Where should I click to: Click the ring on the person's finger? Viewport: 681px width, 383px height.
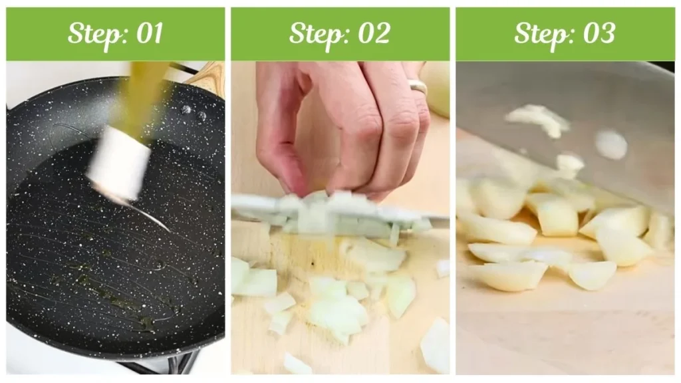pos(418,87)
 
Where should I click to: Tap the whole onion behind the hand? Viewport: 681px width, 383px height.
pos(436,86)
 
